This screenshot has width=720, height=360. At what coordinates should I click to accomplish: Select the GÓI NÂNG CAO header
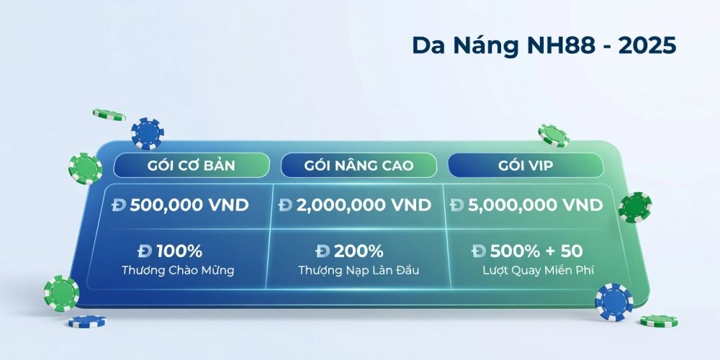tap(359, 166)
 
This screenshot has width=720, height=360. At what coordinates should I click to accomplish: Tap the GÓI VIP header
tap(526, 166)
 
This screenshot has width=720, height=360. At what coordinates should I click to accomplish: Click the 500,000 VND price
tap(189, 205)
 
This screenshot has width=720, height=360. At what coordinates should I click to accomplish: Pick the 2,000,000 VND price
tap(364, 205)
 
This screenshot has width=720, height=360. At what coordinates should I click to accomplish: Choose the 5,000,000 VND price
tap(535, 205)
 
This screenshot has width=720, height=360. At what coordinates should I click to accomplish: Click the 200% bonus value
tap(359, 251)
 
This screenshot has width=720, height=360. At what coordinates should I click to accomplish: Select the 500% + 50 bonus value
tap(536, 251)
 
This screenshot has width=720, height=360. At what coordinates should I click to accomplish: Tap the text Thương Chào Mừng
tap(179, 271)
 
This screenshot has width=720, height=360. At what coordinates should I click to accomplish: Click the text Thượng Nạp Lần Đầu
tap(359, 271)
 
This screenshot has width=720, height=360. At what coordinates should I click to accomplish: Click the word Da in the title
tap(426, 44)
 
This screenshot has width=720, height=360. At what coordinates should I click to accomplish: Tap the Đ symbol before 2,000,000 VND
tap(286, 205)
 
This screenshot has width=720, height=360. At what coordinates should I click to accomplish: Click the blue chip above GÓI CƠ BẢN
tap(148, 133)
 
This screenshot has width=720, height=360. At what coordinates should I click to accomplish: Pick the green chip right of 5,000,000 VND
tap(634, 207)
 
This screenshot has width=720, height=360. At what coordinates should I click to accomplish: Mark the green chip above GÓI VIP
tap(554, 135)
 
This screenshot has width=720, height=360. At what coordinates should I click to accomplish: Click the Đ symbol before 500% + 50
tap(479, 251)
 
